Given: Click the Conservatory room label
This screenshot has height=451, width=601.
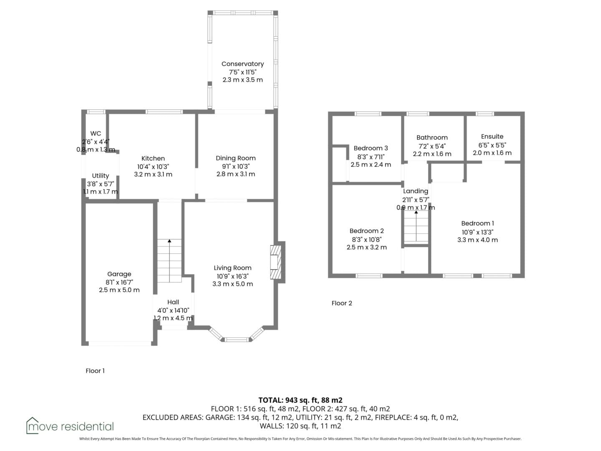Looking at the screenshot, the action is pyautogui.click(x=242, y=64).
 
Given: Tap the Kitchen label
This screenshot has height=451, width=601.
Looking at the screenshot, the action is pyautogui.click(x=153, y=158).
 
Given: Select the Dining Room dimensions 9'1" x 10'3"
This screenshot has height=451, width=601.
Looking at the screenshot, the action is pyautogui.click(x=236, y=166).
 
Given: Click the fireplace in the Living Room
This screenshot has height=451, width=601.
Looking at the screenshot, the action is pyautogui.click(x=276, y=262).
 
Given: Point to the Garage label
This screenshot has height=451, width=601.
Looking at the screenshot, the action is pyautogui.click(x=119, y=274).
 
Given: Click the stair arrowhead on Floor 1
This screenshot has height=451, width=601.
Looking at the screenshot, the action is pyautogui.click(x=169, y=241).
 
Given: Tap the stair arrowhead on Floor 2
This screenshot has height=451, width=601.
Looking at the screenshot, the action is pyautogui.click(x=416, y=212).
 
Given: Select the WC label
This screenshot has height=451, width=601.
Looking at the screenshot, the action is pyautogui.click(x=96, y=133).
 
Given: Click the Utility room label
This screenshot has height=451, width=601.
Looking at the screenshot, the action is pyautogui.click(x=101, y=176).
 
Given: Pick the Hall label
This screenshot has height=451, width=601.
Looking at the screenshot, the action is pyautogui.click(x=173, y=302).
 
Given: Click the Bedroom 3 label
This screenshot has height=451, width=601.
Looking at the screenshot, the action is pyautogui.click(x=371, y=148).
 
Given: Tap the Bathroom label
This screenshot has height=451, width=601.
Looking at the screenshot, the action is pyautogui.click(x=432, y=137).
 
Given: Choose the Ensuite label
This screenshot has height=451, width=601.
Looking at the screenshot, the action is pyautogui.click(x=492, y=137).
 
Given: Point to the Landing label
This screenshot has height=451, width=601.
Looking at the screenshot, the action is pyautogui.click(x=416, y=191).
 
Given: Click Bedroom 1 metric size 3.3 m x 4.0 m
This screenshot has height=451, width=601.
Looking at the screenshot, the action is pyautogui.click(x=477, y=240).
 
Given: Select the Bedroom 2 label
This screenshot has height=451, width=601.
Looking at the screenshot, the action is pyautogui.click(x=366, y=231).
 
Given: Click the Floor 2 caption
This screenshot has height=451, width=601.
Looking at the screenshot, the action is pyautogui.click(x=342, y=303).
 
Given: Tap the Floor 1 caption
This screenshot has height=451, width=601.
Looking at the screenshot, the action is pyautogui.click(x=95, y=371).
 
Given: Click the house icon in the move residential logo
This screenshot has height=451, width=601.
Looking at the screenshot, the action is pyautogui.click(x=32, y=426).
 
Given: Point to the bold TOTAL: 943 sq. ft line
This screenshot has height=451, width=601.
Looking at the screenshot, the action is pyautogui.click(x=300, y=400).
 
